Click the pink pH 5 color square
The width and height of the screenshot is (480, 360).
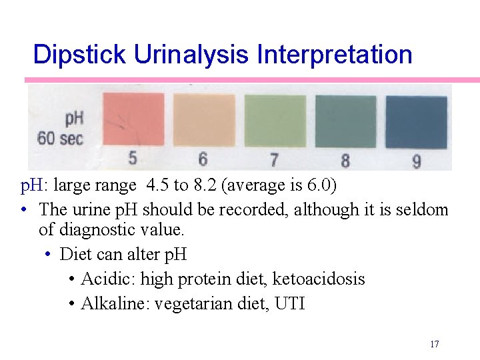click(133, 119)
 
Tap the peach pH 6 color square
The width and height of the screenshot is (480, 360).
click(204, 119)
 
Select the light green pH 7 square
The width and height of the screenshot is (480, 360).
click(275, 120)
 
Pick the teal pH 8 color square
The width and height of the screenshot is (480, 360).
click(345, 121)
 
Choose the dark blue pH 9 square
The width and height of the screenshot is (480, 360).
click(417, 123)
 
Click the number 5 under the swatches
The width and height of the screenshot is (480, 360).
click(133, 158)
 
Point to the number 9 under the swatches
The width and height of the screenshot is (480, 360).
click(416, 161)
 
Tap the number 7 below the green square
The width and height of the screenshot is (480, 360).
click(274, 160)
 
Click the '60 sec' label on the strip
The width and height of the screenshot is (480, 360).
click(60, 139)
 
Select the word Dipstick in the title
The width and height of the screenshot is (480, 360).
click(80, 54)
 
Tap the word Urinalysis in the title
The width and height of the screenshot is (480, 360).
click(194, 54)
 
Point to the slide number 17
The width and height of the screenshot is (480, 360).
click(434, 344)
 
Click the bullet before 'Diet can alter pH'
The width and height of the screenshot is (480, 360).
click(49, 255)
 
